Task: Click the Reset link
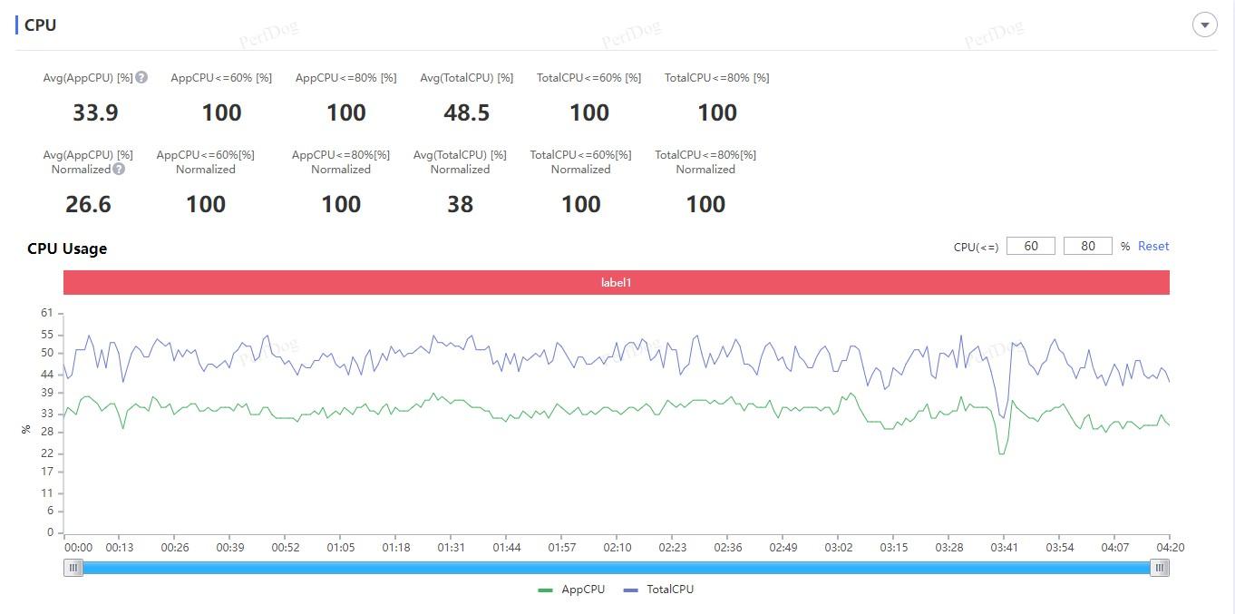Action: coord(1152,246)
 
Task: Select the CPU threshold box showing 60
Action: coord(1030,246)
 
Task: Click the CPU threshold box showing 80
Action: coord(1087,246)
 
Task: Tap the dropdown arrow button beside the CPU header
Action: coord(1205,24)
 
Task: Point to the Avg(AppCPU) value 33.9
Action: coord(95,112)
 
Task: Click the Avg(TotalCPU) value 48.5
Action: coord(466,112)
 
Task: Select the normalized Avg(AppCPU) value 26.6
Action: coord(88,204)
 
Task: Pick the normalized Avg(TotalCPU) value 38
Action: coord(460,204)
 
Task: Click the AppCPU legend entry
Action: coord(571,590)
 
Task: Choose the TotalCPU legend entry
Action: coord(658,590)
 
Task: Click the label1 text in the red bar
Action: coord(616,282)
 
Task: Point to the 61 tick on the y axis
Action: coord(47,313)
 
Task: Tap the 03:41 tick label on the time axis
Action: coord(1004,547)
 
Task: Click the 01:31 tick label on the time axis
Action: coord(451,547)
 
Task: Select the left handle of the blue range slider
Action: coord(73,568)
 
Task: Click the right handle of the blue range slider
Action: coord(1160,568)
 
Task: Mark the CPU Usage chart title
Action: coord(67,249)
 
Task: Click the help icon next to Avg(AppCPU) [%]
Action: coord(141,77)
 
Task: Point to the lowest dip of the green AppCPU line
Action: coord(1002,454)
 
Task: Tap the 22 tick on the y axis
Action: coord(47,453)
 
